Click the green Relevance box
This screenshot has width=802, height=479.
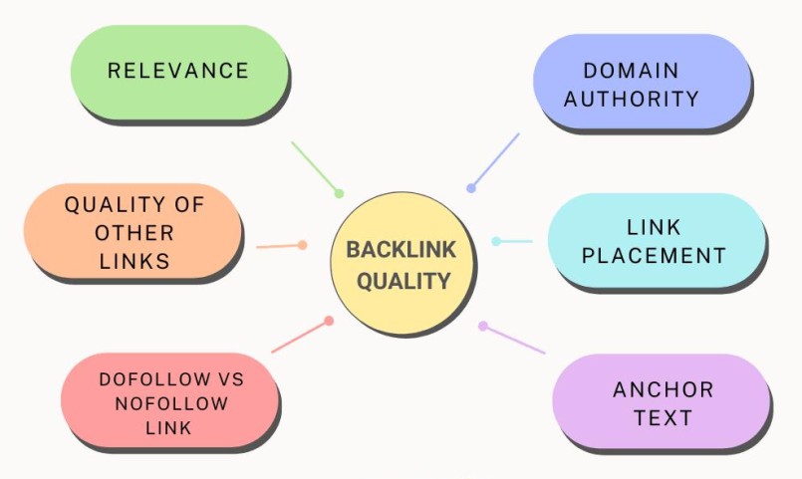tap(178, 71)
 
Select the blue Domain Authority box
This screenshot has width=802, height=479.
tap(641, 84)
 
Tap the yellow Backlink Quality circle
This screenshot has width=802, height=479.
tap(402, 264)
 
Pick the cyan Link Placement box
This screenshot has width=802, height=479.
tap(654, 242)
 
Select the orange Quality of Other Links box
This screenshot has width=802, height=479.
tap(133, 233)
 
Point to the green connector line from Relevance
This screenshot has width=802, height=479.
tap(315, 167)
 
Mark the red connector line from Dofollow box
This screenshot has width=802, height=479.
tap(300, 336)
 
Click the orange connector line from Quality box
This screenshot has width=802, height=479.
tap(280, 245)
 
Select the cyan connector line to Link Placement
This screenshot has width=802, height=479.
tap(514, 241)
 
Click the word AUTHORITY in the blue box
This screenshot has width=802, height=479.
tap(643, 99)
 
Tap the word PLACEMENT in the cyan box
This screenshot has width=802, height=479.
tap(654, 255)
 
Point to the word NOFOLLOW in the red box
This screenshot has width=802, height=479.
tap(170, 404)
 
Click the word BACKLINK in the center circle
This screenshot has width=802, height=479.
tap(402, 250)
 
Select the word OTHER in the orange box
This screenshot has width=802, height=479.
tap(134, 233)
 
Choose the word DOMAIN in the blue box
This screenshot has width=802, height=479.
tap(632, 71)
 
